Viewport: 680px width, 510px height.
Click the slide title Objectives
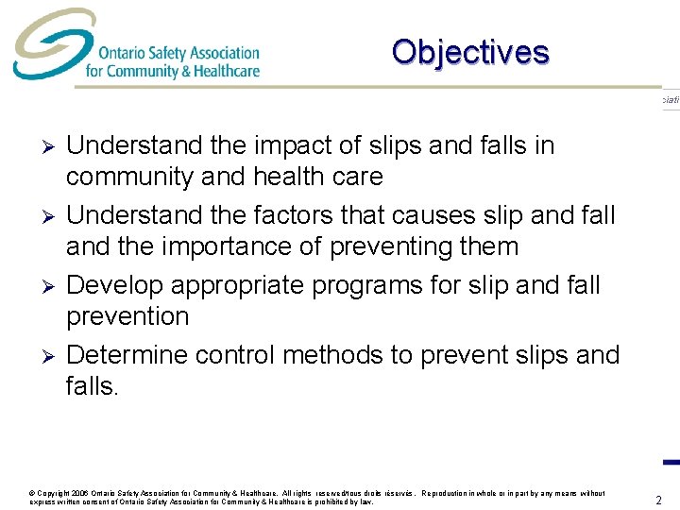(x=469, y=52)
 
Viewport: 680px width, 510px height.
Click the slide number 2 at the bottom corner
(x=659, y=500)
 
